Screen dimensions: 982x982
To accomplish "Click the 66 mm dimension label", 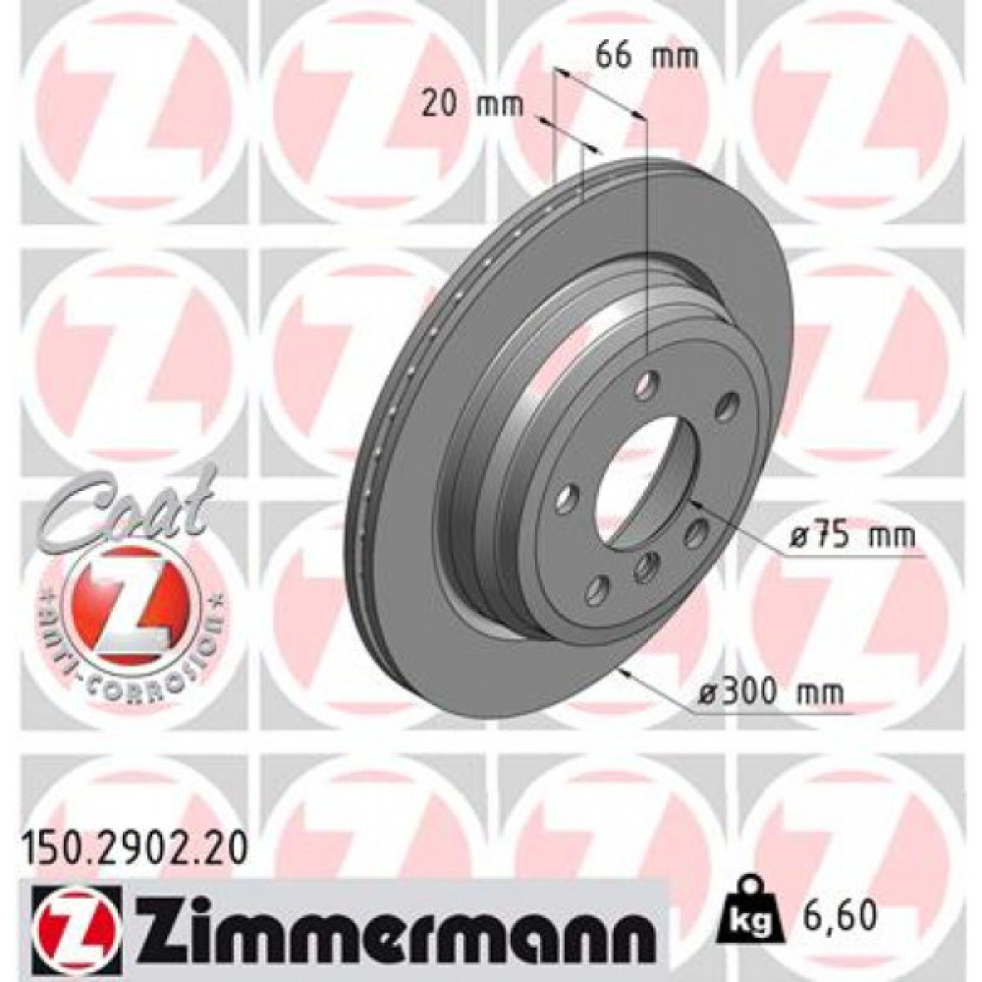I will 647,56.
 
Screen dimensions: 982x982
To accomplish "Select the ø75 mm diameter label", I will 852,537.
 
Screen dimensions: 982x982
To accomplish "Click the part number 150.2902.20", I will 134,841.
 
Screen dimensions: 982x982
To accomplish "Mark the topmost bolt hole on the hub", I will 646,386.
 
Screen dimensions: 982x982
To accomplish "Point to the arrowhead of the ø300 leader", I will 621,672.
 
